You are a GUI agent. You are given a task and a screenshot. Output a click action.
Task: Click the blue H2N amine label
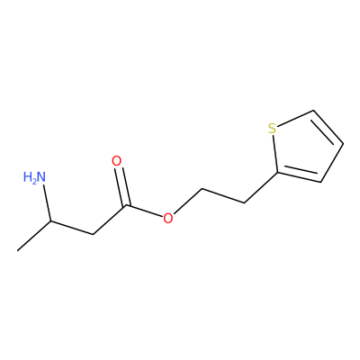35,177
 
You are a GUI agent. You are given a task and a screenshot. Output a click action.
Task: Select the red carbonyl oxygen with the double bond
116,161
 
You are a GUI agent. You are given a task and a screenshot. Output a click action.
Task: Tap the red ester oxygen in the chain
168,218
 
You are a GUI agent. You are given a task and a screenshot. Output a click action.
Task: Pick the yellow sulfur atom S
272,129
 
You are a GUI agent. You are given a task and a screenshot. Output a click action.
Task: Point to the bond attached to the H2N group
47,203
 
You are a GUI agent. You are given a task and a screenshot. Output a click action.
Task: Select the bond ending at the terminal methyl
34,236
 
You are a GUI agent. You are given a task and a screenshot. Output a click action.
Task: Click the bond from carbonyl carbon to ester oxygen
145,211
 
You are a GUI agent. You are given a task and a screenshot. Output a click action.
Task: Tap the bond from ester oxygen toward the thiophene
188,201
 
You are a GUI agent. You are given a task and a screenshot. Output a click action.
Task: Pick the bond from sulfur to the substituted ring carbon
275,153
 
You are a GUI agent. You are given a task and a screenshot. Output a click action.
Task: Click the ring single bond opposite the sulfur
332,162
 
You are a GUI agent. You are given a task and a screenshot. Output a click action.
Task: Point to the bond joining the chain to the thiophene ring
261,188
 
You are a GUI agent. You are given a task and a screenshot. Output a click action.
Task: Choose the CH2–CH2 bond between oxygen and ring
223,196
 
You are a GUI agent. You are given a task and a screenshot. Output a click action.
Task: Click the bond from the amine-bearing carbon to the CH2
72,228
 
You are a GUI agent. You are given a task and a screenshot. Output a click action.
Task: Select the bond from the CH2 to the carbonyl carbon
110,220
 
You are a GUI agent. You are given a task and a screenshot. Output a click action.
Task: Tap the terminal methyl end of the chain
18,250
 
